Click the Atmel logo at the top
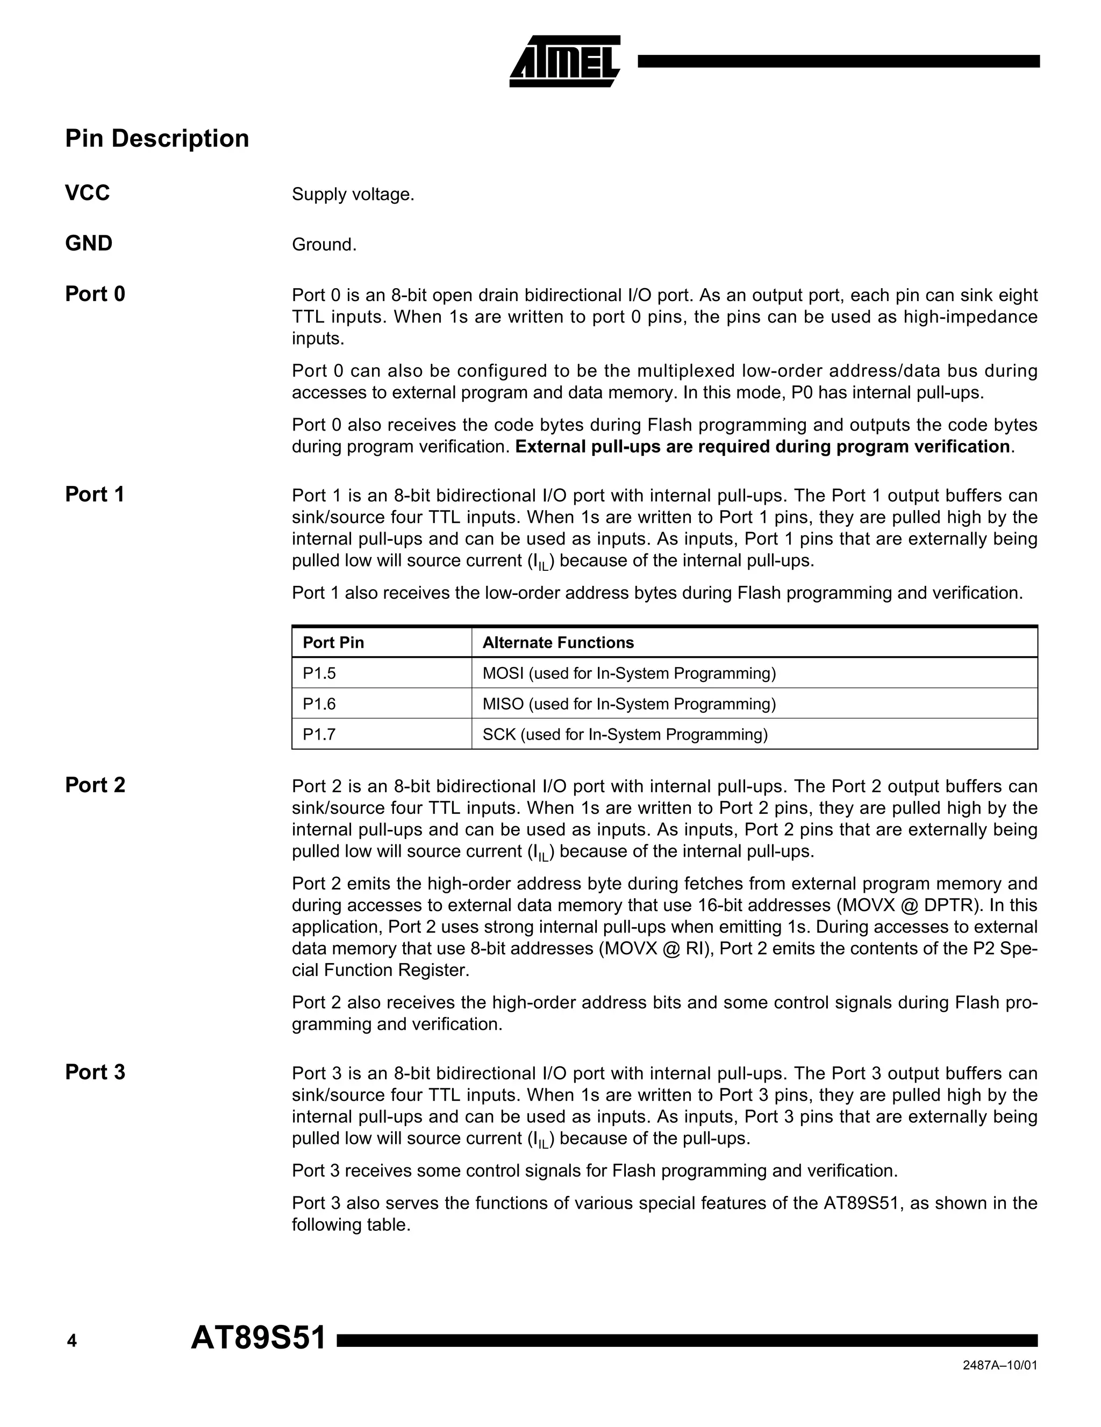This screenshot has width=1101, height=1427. (x=564, y=61)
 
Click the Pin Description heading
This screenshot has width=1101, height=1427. (x=157, y=139)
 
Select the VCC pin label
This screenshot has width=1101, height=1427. (x=88, y=193)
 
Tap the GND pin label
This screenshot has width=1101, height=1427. (x=89, y=243)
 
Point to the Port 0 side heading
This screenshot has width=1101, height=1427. (x=95, y=295)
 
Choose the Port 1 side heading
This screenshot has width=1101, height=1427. (x=95, y=494)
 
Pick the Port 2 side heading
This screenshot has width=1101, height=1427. (x=95, y=785)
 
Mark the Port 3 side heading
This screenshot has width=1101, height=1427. (x=95, y=1072)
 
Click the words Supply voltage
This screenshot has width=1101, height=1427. (x=353, y=195)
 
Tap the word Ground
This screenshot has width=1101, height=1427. (x=324, y=245)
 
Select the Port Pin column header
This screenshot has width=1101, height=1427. (x=333, y=643)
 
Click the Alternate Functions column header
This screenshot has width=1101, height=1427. (x=558, y=643)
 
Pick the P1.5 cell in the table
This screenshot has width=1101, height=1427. (x=319, y=673)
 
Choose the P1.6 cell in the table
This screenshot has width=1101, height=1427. (x=319, y=704)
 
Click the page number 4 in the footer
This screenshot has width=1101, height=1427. (x=72, y=1342)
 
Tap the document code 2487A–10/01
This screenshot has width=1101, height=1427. (x=1000, y=1384)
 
